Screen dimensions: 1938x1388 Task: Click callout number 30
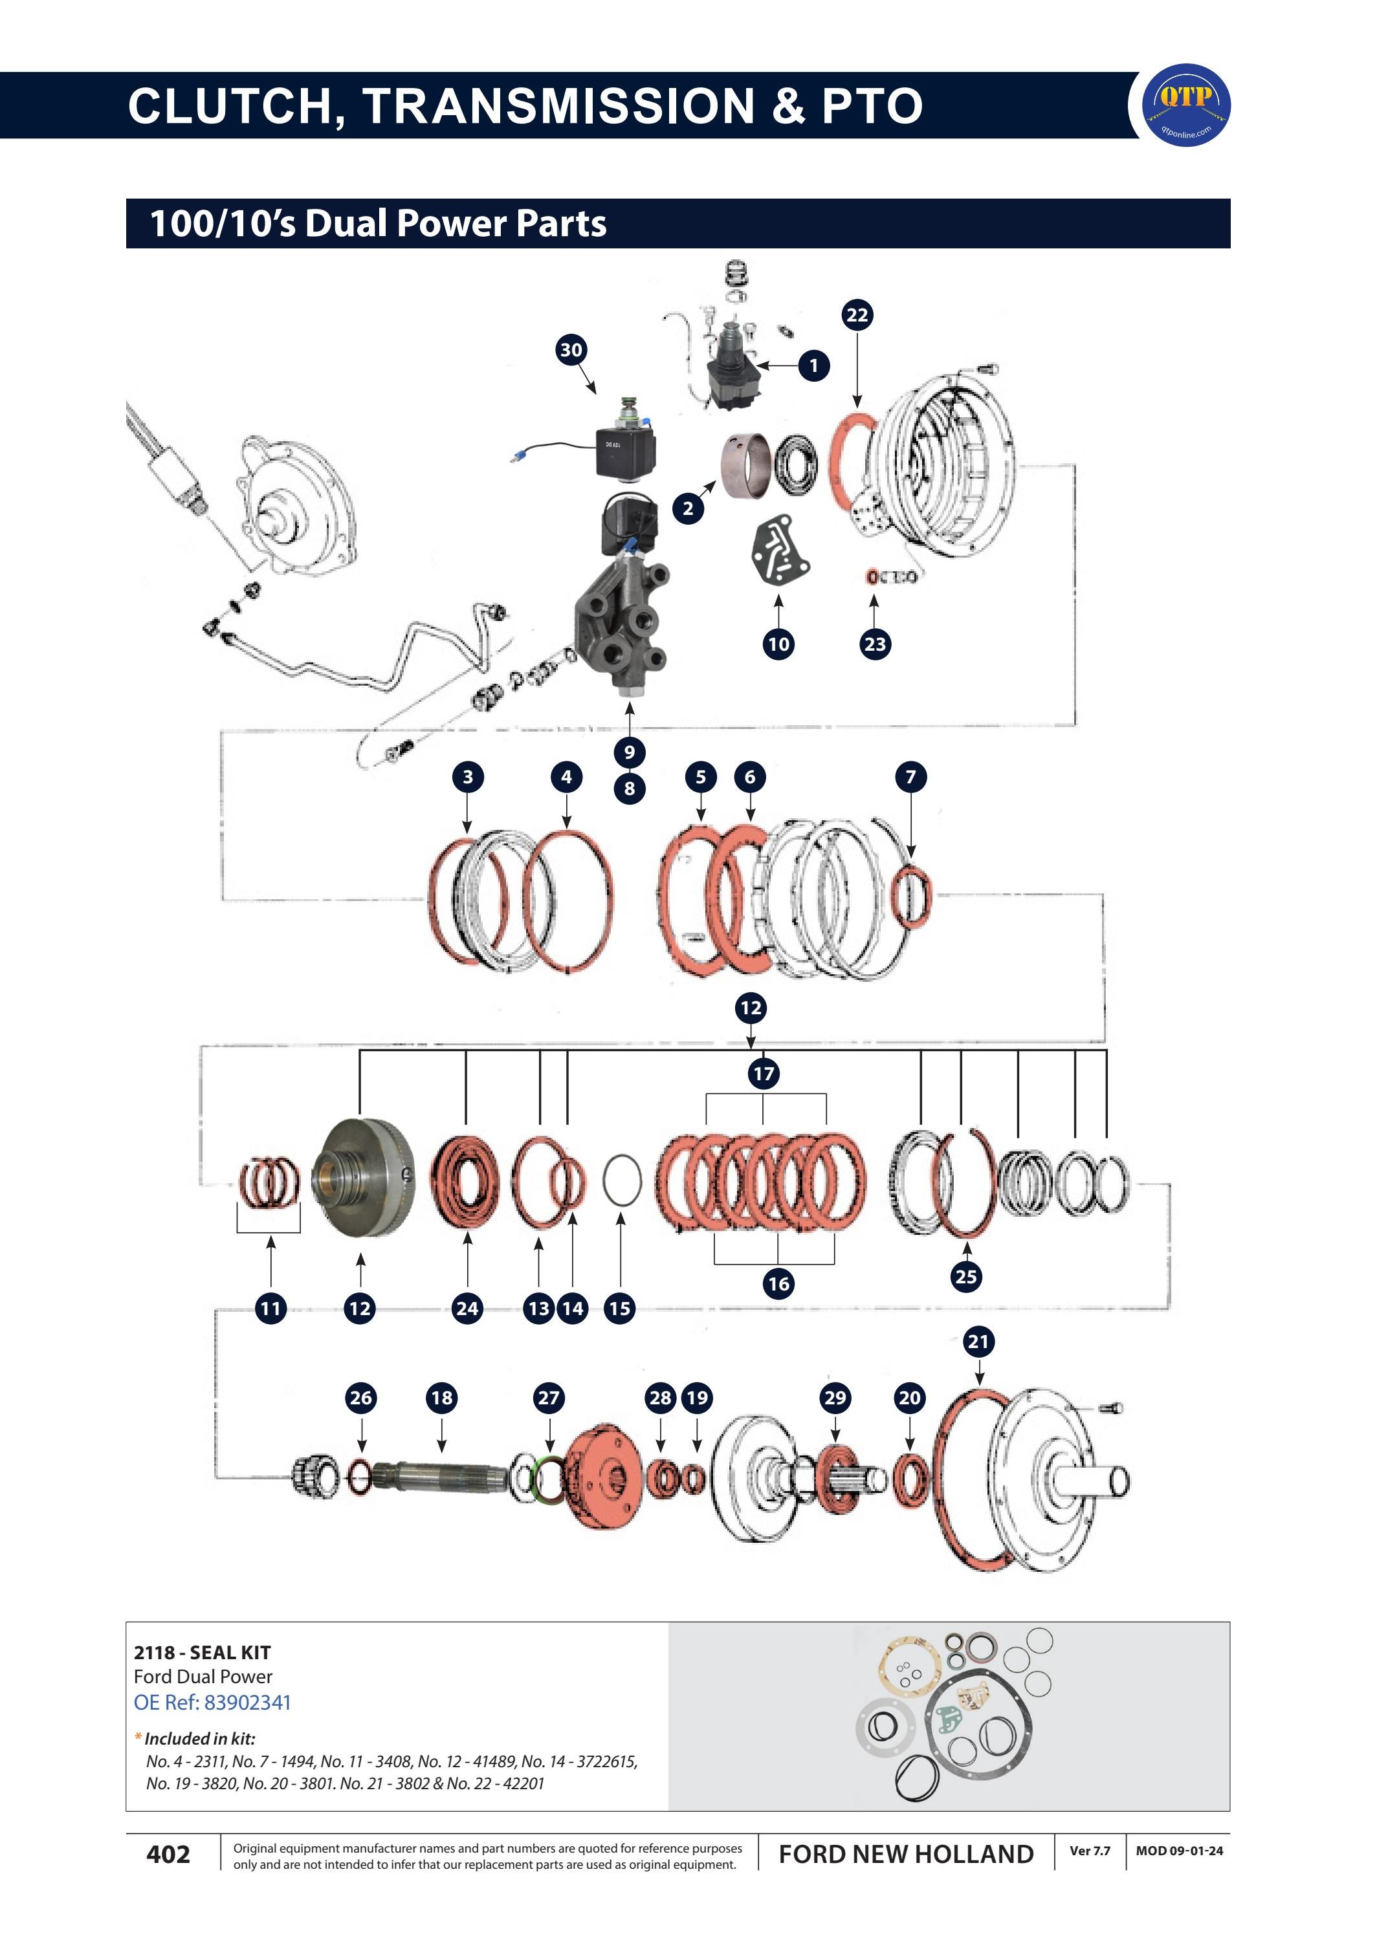pos(571,349)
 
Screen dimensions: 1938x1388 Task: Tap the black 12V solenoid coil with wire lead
pos(626,450)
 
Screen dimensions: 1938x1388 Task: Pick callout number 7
pos(910,777)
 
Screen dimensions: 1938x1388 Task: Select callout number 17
pos(763,1073)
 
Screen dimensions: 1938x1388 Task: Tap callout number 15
pos(620,1307)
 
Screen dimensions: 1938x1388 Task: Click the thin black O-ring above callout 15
pos(621,1180)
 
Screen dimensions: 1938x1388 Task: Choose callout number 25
pos(966,1277)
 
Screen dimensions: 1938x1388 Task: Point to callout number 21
pos(978,1342)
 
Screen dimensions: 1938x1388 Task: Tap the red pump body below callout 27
pos(602,1477)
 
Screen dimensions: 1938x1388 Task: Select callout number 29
pos(835,1398)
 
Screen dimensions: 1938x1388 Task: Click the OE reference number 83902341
pos(248,1702)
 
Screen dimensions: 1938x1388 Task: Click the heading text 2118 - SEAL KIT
pos(203,1653)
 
